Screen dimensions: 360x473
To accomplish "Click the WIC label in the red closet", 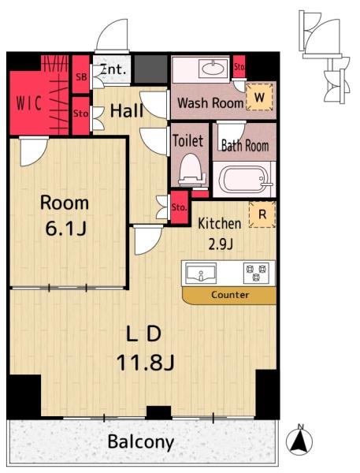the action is (29, 103).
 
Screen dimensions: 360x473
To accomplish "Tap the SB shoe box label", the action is (81, 77).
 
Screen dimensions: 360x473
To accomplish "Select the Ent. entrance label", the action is (113, 69).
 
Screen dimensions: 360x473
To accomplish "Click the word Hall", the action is (126, 110).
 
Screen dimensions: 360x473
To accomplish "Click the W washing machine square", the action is (260, 97).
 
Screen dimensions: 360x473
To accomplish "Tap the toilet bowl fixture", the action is (191, 169).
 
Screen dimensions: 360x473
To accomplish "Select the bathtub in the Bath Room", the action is (244, 179).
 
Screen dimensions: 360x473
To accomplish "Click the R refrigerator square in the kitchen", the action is (262, 214).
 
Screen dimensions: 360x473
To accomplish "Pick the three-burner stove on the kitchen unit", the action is (256, 273).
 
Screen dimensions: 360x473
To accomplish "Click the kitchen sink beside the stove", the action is (201, 273).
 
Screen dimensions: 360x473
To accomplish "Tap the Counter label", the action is (230, 294).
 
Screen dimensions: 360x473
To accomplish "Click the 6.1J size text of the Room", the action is (65, 229).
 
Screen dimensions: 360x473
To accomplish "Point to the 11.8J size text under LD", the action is (145, 363).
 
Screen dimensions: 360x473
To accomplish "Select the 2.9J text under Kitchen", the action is (221, 244).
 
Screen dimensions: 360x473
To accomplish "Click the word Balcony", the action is (141, 442).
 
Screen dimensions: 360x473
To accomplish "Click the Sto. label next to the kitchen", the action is (180, 207).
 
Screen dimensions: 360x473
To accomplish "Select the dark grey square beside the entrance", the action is (150, 69).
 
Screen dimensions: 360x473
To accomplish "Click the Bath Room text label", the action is (245, 146).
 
